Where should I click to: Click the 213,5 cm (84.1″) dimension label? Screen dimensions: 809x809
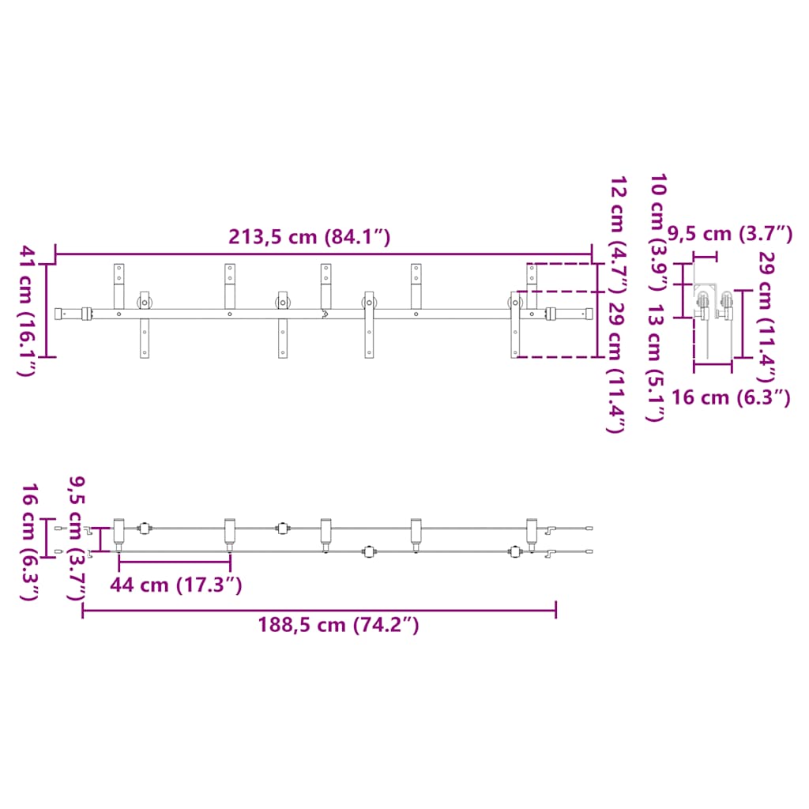(309, 237)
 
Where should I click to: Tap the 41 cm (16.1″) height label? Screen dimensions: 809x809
(28, 310)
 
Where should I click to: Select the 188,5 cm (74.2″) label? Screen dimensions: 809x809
(338, 625)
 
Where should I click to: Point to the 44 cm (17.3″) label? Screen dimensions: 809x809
(175, 585)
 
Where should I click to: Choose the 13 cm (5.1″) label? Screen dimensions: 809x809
(655, 362)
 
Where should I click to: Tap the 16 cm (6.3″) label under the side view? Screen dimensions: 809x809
(731, 398)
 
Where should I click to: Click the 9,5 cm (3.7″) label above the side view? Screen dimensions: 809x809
(729, 234)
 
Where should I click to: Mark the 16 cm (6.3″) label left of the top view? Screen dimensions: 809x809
(30, 542)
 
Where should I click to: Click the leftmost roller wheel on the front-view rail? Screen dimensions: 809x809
(145, 302)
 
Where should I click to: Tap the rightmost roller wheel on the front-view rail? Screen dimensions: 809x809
(515, 302)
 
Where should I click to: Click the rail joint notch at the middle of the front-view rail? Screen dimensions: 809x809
(325, 314)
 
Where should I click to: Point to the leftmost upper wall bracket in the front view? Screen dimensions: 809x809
(119, 286)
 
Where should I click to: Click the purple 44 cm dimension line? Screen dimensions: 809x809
(175, 563)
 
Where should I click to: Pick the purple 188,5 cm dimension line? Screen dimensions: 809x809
(319, 611)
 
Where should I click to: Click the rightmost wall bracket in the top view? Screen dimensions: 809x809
(532, 532)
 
